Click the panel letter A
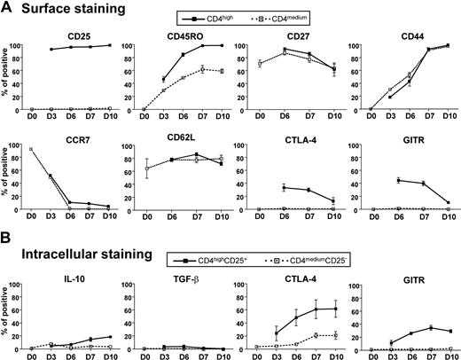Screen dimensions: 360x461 8,9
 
